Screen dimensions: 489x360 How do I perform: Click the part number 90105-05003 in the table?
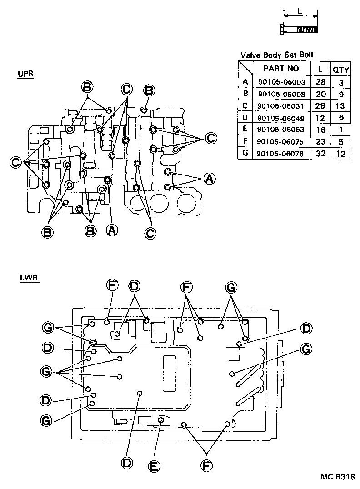(x=281, y=82)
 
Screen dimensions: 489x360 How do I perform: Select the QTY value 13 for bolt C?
(x=340, y=106)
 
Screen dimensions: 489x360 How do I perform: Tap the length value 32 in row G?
(x=320, y=154)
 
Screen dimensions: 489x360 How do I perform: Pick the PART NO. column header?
(x=282, y=69)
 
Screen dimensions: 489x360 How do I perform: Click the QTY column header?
(x=340, y=70)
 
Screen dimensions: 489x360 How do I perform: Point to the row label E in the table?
(x=245, y=130)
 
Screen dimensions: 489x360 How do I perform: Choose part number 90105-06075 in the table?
(x=281, y=142)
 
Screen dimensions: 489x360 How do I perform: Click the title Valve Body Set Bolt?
(x=277, y=55)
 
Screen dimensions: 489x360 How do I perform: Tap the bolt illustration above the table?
(x=300, y=30)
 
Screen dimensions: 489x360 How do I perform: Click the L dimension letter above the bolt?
(x=300, y=10)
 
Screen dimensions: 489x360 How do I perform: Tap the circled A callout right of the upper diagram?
(x=209, y=179)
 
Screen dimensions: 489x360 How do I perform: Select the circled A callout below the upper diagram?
(x=112, y=230)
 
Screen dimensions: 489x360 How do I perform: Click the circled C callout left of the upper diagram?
(x=16, y=162)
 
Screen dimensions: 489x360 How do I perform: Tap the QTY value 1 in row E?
(x=340, y=130)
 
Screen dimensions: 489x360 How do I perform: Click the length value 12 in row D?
(x=320, y=118)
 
